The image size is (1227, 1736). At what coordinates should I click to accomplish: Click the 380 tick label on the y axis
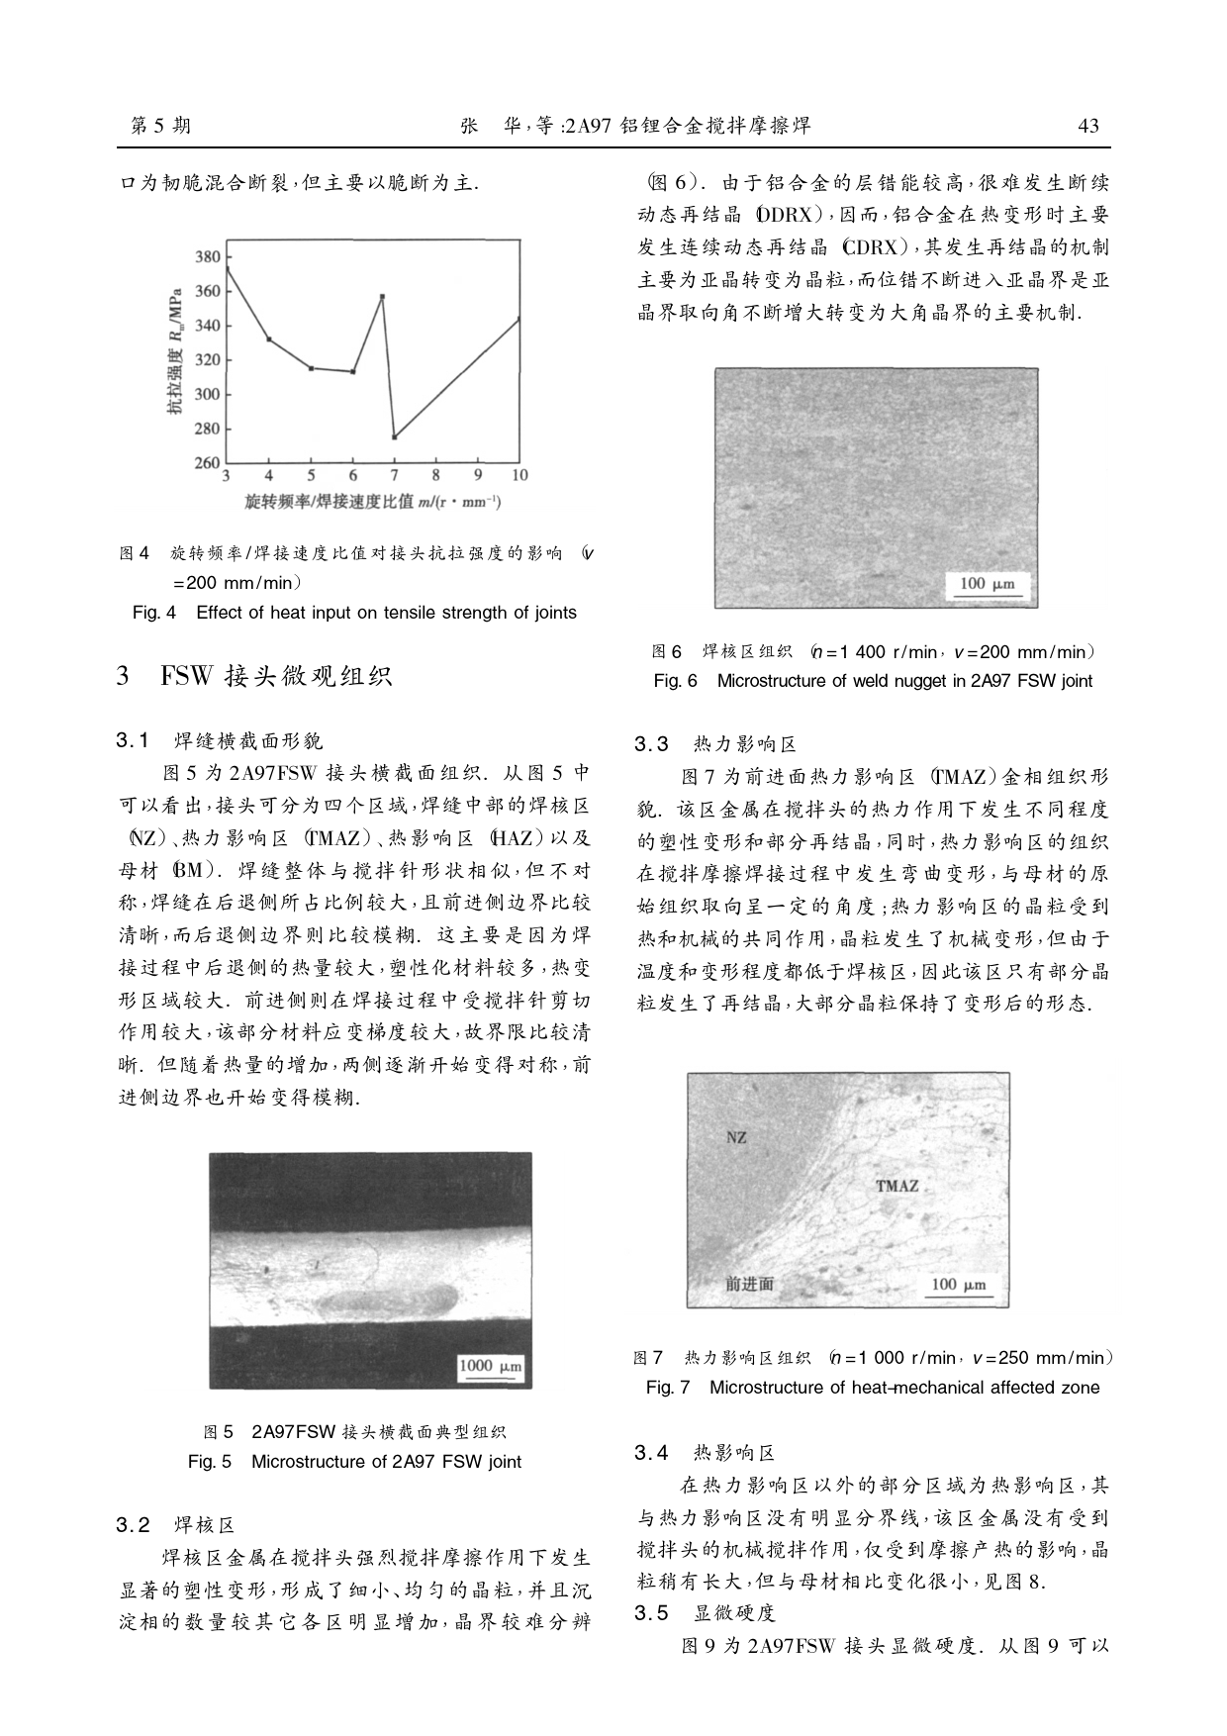208,257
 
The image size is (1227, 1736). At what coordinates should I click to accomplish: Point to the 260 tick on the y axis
208,463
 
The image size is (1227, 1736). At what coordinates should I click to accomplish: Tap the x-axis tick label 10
519,476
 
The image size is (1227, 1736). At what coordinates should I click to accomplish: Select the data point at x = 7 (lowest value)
395,436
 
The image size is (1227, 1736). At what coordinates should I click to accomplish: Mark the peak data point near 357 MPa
382,296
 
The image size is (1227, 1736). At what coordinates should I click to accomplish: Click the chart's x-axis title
373,503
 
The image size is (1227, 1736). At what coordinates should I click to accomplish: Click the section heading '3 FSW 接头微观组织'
254,677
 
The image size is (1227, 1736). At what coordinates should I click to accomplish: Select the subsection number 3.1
133,740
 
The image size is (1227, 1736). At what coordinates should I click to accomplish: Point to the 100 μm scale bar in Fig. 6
988,585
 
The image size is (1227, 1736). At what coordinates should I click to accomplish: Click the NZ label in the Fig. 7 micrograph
736,1138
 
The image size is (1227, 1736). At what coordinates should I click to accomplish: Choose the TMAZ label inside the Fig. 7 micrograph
897,1186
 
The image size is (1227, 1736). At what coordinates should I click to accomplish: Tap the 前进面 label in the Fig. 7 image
749,1284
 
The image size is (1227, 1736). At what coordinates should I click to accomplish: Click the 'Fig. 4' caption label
153,613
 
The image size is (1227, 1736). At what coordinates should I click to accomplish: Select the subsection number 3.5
652,1613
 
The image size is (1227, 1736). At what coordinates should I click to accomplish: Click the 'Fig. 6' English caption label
676,681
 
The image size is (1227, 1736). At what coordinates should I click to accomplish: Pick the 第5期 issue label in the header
161,126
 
